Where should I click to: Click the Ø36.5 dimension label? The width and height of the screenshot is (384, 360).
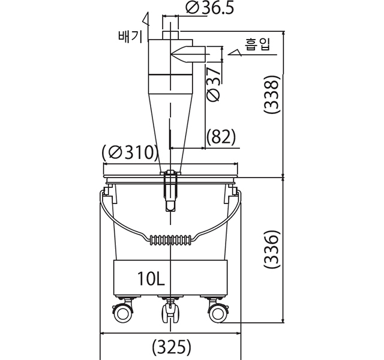click(209, 8)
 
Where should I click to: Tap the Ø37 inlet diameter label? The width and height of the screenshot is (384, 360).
click(214, 84)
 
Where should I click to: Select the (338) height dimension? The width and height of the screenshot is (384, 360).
click(271, 94)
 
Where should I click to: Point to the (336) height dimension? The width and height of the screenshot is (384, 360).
click(271, 249)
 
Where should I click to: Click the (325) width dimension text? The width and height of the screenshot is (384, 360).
click(172, 347)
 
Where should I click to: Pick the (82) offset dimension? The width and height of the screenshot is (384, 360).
click(221, 137)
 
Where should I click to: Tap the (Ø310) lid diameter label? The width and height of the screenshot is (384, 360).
click(130, 152)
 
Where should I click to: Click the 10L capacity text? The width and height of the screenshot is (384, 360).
click(151, 279)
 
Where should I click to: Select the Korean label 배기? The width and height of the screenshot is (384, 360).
click(130, 37)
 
